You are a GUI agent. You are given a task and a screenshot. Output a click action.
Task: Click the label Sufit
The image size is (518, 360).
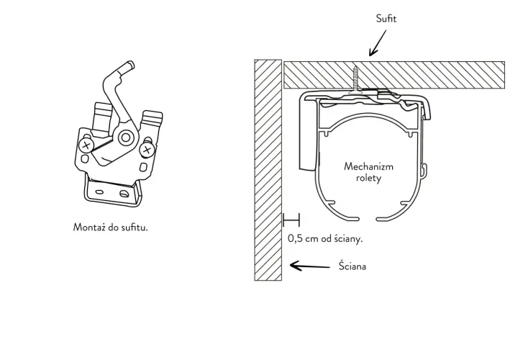pyautogui.click(x=386, y=19)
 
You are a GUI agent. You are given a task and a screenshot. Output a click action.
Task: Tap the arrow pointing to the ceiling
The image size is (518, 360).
pyautogui.click(x=378, y=43)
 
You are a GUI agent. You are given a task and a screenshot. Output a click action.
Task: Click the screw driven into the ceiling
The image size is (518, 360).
pyautogui.click(x=355, y=80)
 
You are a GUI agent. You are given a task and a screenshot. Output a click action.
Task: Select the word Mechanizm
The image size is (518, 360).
pyautogui.click(x=368, y=166)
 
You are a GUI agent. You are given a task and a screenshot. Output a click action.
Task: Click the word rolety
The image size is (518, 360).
pyautogui.click(x=368, y=178)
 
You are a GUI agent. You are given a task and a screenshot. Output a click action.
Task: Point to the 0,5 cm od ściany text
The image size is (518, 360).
pyautogui.click(x=325, y=238)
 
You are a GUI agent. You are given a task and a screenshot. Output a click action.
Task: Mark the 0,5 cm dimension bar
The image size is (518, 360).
pyautogui.click(x=291, y=220)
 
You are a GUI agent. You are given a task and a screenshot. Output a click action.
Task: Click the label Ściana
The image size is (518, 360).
pyautogui.click(x=353, y=266)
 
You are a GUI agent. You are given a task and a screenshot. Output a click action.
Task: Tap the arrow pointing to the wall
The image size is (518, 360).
pyautogui.click(x=310, y=266)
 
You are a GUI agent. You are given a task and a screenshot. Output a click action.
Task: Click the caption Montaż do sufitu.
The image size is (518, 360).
pyautogui.click(x=110, y=227)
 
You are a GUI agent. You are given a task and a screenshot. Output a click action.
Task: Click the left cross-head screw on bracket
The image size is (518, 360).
pyautogui.click(x=86, y=145)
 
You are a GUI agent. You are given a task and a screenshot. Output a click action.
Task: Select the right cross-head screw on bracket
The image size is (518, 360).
pyautogui.click(x=147, y=150)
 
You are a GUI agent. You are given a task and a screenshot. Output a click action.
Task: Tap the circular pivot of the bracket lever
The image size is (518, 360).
pyautogui.click(x=126, y=138)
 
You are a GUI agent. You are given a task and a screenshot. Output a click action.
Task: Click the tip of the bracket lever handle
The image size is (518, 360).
pyautogui.click(x=130, y=65)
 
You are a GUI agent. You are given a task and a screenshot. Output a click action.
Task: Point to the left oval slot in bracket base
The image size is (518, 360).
pyautogui.click(x=99, y=192)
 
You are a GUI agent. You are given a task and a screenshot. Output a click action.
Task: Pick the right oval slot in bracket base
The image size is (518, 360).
pyautogui.click(x=124, y=194)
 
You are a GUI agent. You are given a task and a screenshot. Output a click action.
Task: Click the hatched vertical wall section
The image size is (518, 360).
pyautogui.click(x=268, y=170)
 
